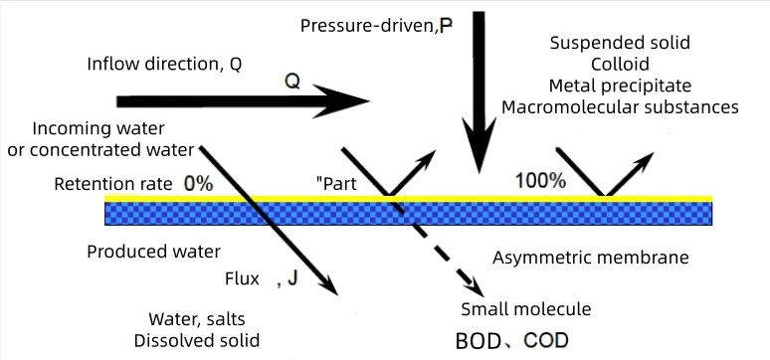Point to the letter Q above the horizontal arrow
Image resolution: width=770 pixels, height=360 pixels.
point(292,82)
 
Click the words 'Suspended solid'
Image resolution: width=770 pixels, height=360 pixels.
point(620,43)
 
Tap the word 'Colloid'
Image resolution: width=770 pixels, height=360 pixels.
point(620,65)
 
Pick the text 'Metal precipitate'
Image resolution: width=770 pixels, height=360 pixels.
point(620,86)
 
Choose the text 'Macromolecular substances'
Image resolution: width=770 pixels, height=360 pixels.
point(620,106)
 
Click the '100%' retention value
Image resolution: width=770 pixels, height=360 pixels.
point(540,181)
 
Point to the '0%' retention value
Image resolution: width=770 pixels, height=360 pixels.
point(198,184)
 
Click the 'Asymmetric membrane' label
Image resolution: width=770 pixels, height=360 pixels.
point(591,259)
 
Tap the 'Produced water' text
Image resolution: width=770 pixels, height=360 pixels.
point(154,252)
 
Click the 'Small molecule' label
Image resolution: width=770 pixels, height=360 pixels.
point(526,309)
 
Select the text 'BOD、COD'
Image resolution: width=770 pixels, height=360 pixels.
point(511,340)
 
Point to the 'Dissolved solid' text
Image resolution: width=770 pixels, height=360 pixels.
point(197,340)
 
